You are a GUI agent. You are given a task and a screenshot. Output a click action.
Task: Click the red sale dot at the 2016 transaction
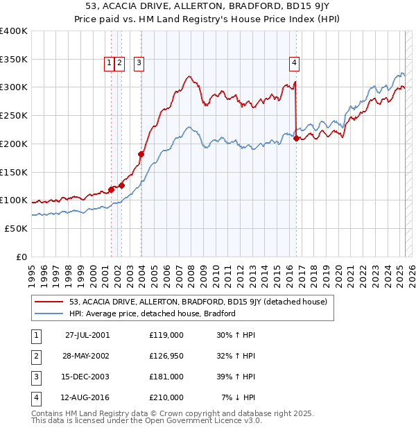(297, 139)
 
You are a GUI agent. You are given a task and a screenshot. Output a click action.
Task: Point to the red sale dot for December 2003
(141, 154)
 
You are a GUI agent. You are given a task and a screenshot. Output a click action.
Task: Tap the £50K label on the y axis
(17, 228)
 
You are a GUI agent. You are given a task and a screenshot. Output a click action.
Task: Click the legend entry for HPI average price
(153, 313)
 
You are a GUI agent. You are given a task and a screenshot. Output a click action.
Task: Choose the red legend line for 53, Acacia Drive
(49, 302)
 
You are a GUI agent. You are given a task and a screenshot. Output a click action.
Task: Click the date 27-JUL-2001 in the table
(87, 335)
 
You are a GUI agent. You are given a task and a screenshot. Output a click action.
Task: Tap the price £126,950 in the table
(166, 356)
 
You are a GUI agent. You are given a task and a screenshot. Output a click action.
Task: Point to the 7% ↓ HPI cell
(239, 397)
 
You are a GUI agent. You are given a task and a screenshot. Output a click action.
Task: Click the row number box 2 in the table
(35, 356)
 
